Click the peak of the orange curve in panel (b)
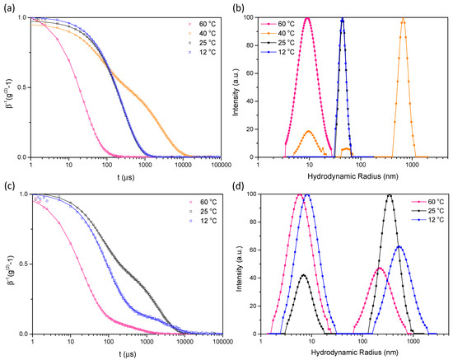[x=403, y=19]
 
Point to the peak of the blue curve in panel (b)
[x=342, y=19]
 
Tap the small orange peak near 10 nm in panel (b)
[x=309, y=131]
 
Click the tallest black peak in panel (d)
[x=390, y=195]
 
